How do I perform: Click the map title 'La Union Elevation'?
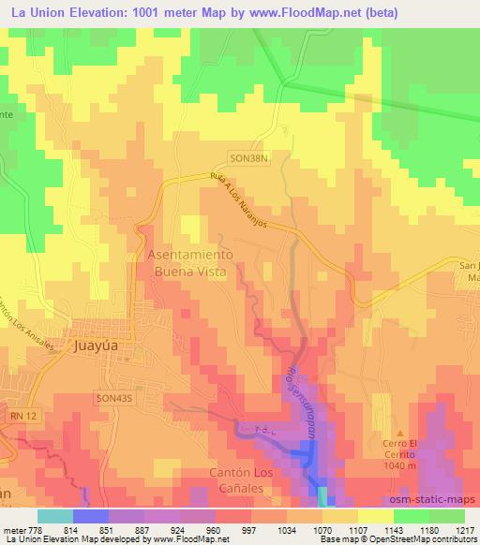70,12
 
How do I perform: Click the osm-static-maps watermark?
436,499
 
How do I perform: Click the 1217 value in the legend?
464,528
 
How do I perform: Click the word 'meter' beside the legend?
14,528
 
